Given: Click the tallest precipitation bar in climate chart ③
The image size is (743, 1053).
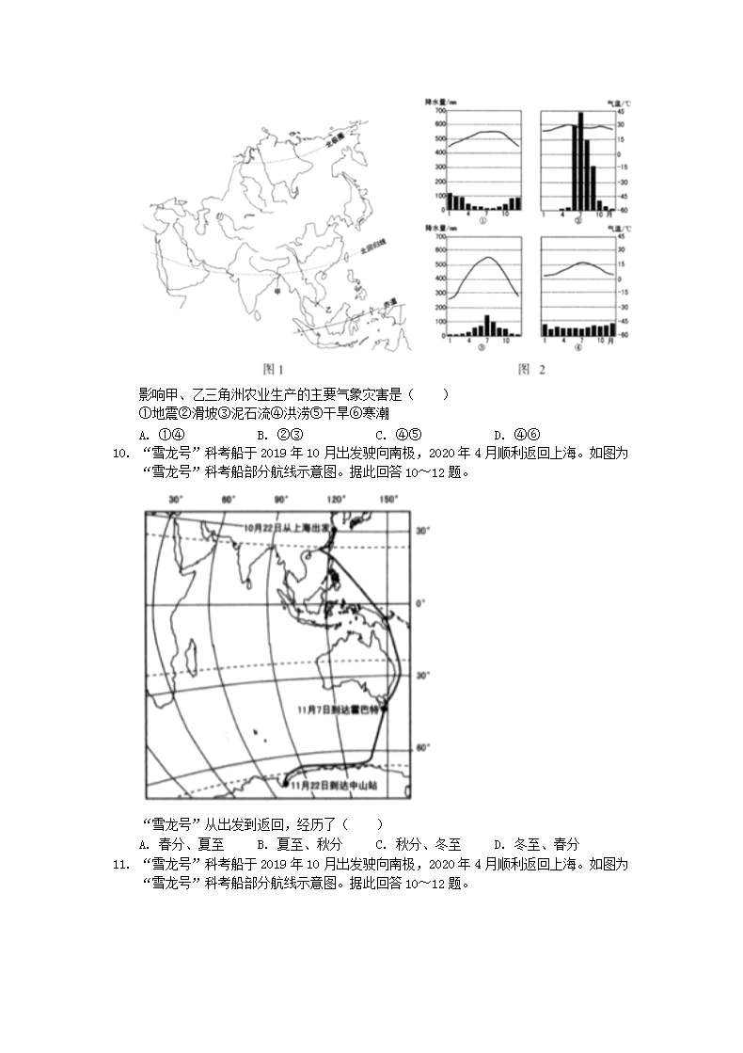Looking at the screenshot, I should [x=486, y=325].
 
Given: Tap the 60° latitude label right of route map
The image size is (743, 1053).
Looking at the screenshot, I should [x=422, y=747].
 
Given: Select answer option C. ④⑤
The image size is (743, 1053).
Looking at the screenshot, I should [x=398, y=435].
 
